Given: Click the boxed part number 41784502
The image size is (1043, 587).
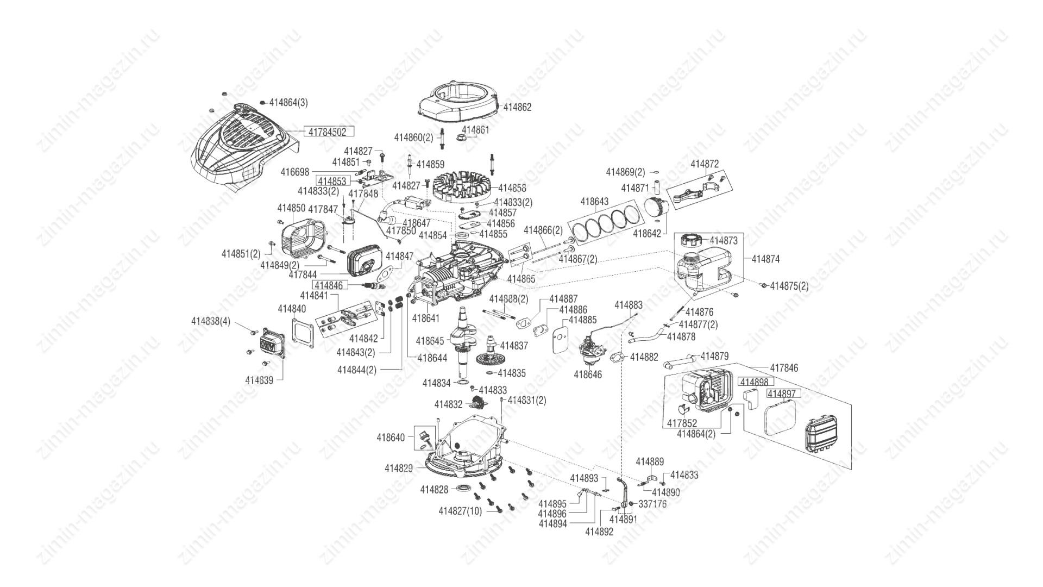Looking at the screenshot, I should click(328, 132).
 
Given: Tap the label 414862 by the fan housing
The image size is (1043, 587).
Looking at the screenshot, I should click(517, 107).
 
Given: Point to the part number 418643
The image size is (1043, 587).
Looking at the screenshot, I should click(594, 201).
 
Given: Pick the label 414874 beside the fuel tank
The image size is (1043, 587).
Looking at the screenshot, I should click(765, 259).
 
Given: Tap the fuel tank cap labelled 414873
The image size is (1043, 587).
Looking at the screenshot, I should click(688, 239).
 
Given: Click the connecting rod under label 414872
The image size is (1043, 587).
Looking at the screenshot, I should click(692, 192).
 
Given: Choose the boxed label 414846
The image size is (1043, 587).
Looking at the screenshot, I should click(329, 285).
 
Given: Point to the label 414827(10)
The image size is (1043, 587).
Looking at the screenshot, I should click(460, 511).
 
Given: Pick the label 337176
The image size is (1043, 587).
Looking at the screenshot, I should click(652, 504).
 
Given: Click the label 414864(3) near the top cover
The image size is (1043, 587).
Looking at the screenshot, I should click(288, 102).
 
